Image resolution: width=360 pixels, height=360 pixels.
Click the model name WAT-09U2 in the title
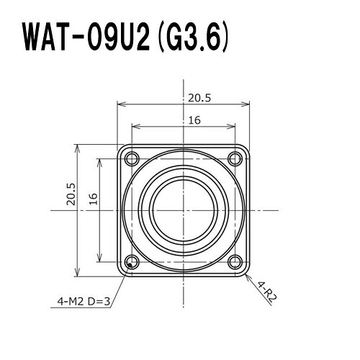click(x=86, y=38)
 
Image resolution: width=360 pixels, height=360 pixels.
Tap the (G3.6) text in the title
click(x=193, y=38)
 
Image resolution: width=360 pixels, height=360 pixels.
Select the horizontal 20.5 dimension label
click(x=199, y=98)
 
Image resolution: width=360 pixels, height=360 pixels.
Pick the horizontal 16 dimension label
click(x=194, y=120)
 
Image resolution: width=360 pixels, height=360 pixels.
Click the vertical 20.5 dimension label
click(x=71, y=194)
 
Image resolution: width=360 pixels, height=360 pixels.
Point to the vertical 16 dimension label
click(x=94, y=199)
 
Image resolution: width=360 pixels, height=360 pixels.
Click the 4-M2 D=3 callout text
click(x=84, y=301)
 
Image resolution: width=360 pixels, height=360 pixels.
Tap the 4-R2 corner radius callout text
click(x=267, y=292)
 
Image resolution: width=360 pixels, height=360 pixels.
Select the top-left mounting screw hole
click(x=132, y=158)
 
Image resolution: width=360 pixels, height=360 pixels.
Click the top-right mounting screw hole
click(x=235, y=158)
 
